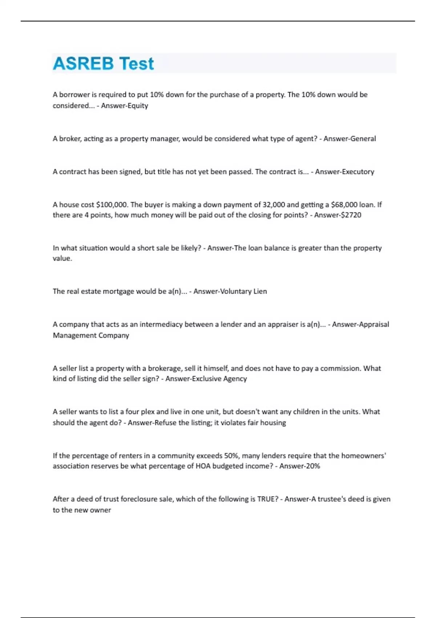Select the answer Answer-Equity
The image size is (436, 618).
pyautogui.click(x=124, y=106)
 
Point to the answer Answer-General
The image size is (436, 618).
pyautogui.click(x=350, y=139)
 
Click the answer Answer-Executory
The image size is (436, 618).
pyautogui.click(x=344, y=172)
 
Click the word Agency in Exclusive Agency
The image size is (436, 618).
pyautogui.click(x=235, y=379)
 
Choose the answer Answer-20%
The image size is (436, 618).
pyautogui.click(x=299, y=466)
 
